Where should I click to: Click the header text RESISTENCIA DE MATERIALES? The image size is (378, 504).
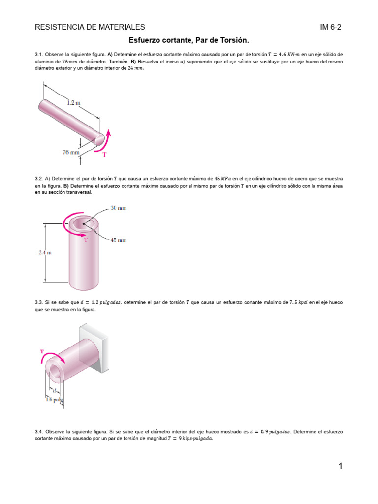(x=90, y=27)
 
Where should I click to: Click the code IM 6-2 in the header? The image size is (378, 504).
(x=331, y=27)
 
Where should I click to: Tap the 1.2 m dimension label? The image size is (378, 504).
(x=74, y=103)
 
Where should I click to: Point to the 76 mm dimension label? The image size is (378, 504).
(x=71, y=153)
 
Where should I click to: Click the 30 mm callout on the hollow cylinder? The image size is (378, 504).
(x=118, y=208)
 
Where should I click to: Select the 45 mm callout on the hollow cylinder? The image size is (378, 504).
(x=119, y=240)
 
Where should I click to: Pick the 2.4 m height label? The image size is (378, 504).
(x=45, y=252)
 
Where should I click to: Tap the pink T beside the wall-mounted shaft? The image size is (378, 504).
(x=42, y=351)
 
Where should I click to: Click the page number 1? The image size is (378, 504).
(x=340, y=466)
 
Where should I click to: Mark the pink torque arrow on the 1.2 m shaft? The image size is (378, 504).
(x=106, y=139)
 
